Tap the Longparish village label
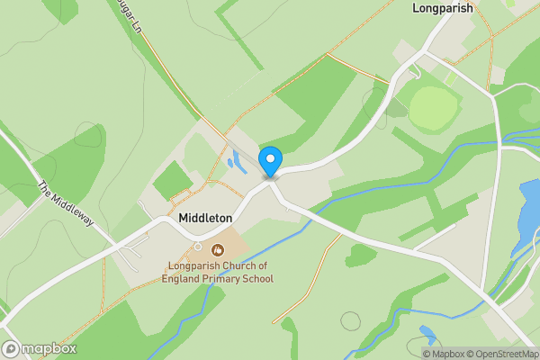click(443, 8)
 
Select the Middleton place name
click(205, 218)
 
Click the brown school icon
click(217, 248)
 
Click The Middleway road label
click(66, 204)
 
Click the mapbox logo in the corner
click(39, 349)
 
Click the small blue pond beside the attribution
click(427, 337)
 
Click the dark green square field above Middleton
click(172, 180)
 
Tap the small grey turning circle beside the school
click(197, 246)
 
